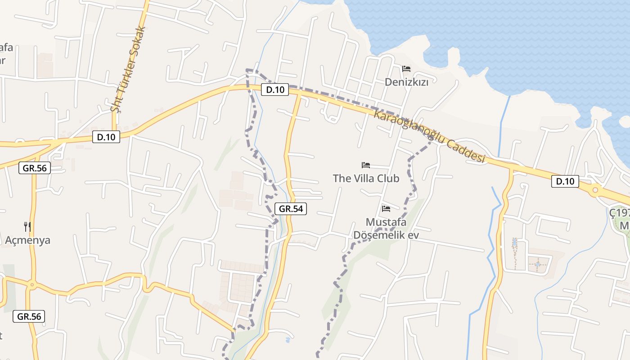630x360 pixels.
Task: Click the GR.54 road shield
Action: [291, 208]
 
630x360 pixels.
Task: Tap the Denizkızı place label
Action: [406, 82]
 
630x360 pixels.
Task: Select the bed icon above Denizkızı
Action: [406, 69]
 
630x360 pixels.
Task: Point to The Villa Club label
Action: [366, 178]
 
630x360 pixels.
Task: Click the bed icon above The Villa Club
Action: [366, 165]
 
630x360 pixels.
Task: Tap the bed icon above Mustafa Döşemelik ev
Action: [386, 209]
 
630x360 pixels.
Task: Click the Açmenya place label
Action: [27, 240]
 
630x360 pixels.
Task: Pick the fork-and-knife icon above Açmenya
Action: [27, 226]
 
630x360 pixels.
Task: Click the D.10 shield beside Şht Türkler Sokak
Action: [106, 137]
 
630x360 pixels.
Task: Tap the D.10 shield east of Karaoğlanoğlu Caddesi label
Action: [565, 181]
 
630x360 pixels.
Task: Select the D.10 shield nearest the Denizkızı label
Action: [275, 90]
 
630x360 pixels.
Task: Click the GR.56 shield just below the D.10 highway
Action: [35, 168]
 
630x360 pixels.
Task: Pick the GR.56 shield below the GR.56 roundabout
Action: [29, 316]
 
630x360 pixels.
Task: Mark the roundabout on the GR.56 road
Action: [31, 285]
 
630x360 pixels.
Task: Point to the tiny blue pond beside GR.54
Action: [288, 340]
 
